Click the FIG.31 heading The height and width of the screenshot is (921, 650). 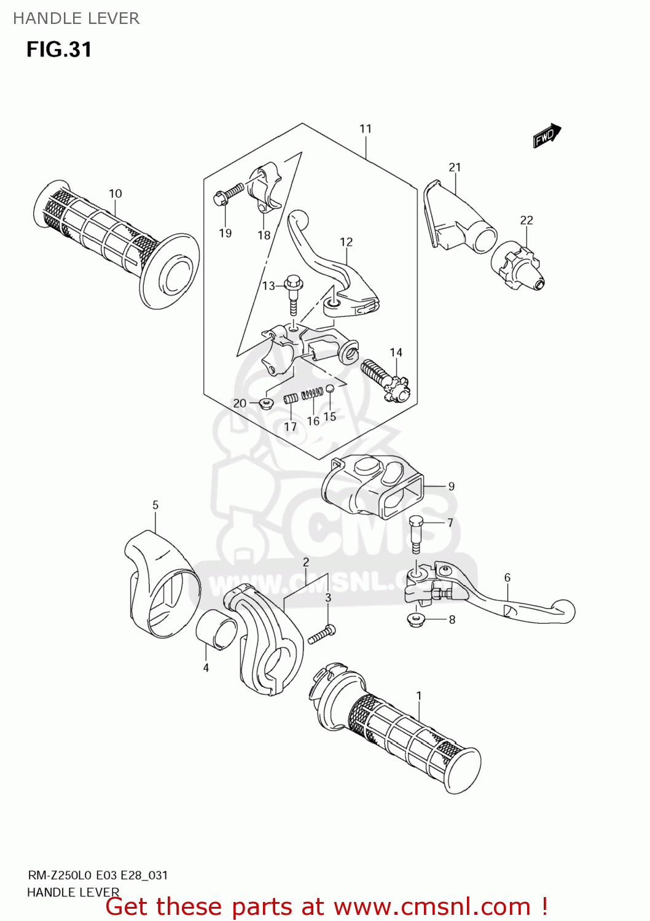click(59, 49)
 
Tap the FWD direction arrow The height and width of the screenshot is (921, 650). click(547, 136)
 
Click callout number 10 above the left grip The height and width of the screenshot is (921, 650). click(116, 193)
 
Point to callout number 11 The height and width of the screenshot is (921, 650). click(366, 128)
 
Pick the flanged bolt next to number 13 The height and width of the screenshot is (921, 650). click(294, 295)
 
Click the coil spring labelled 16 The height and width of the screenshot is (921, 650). click(314, 393)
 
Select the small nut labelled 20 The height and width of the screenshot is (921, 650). click(266, 403)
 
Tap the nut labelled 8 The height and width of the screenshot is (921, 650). click(417, 620)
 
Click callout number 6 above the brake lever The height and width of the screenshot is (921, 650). click(507, 577)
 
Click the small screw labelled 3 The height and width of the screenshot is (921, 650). click(321, 634)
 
